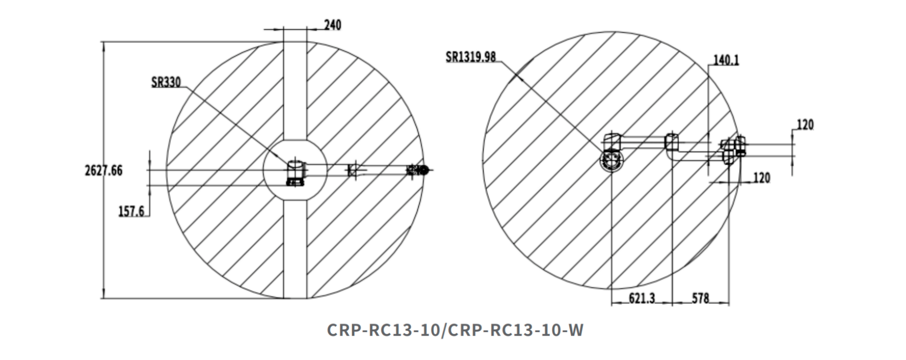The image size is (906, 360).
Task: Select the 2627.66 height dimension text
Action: [103, 170]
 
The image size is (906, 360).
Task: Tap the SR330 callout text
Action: [166, 82]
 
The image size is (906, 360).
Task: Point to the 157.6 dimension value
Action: [131, 212]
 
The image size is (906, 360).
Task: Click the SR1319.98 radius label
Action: [471, 57]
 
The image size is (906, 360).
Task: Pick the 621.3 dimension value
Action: [642, 298]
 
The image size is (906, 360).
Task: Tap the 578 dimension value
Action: [701, 298]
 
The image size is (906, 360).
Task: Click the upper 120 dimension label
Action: [805, 124]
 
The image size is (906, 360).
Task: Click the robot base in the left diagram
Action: [295, 173]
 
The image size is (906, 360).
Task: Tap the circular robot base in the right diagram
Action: [612, 160]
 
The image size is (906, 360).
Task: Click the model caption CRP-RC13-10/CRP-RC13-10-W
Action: [455, 330]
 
